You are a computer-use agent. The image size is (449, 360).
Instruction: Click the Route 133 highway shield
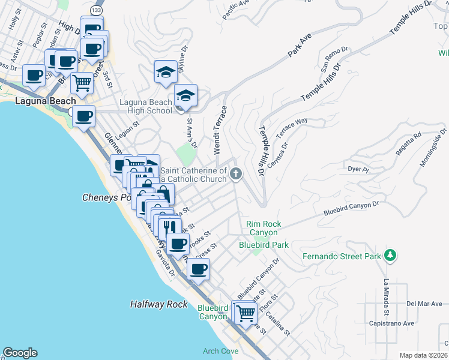(96, 10)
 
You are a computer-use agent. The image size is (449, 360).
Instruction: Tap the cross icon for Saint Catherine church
(236, 175)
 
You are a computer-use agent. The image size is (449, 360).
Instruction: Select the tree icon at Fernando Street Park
(390, 256)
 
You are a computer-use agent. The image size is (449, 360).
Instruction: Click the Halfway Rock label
(159, 305)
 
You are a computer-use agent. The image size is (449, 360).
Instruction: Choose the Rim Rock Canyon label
(262, 228)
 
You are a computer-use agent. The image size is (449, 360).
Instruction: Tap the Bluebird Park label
(264, 245)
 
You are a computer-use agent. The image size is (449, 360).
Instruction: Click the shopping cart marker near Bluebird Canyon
(246, 312)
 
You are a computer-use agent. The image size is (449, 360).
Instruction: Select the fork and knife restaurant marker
(170, 228)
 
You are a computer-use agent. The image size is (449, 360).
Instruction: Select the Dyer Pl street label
(358, 170)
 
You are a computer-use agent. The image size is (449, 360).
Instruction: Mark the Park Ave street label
(300, 46)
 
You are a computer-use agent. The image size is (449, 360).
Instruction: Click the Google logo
(20, 353)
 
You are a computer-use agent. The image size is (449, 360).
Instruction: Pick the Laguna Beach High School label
(146, 106)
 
